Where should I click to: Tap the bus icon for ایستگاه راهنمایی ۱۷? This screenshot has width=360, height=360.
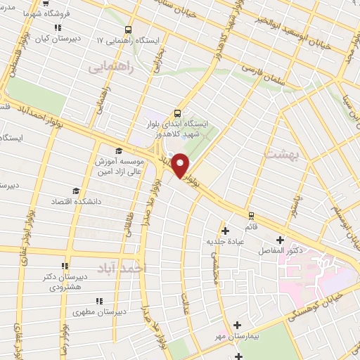coord(128,30)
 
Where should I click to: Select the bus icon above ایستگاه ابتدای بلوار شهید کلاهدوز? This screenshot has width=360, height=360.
coord(176,112)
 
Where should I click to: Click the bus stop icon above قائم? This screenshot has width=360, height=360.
coord(251,215)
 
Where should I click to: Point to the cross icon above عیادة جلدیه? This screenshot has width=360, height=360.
coord(225,230)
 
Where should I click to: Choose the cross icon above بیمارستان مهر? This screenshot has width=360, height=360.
coord(238,325)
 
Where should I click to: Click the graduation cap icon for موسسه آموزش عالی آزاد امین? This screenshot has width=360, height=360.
coord(118,151)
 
